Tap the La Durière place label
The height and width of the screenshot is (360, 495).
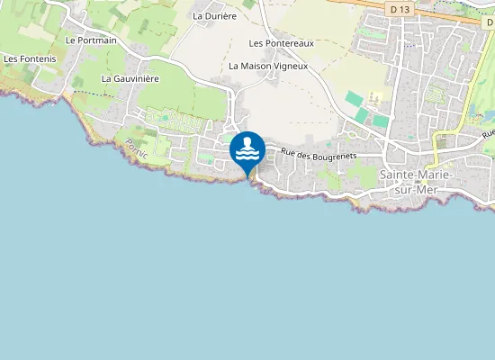pos(213,15)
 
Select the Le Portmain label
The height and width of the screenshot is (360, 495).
pos(92,40)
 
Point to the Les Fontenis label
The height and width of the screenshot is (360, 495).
pos(30,58)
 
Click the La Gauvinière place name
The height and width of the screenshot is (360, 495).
pos(130,78)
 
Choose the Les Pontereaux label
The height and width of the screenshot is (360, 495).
pos(281,43)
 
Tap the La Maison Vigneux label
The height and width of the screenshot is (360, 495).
pos(268,66)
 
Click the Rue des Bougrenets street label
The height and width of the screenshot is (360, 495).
pos(319,156)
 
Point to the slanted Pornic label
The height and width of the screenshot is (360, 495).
pos(137,148)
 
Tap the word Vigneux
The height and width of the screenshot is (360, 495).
pos(290,66)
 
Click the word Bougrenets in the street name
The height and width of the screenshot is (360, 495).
pos(335,156)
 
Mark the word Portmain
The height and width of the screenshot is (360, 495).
pos(97,40)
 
